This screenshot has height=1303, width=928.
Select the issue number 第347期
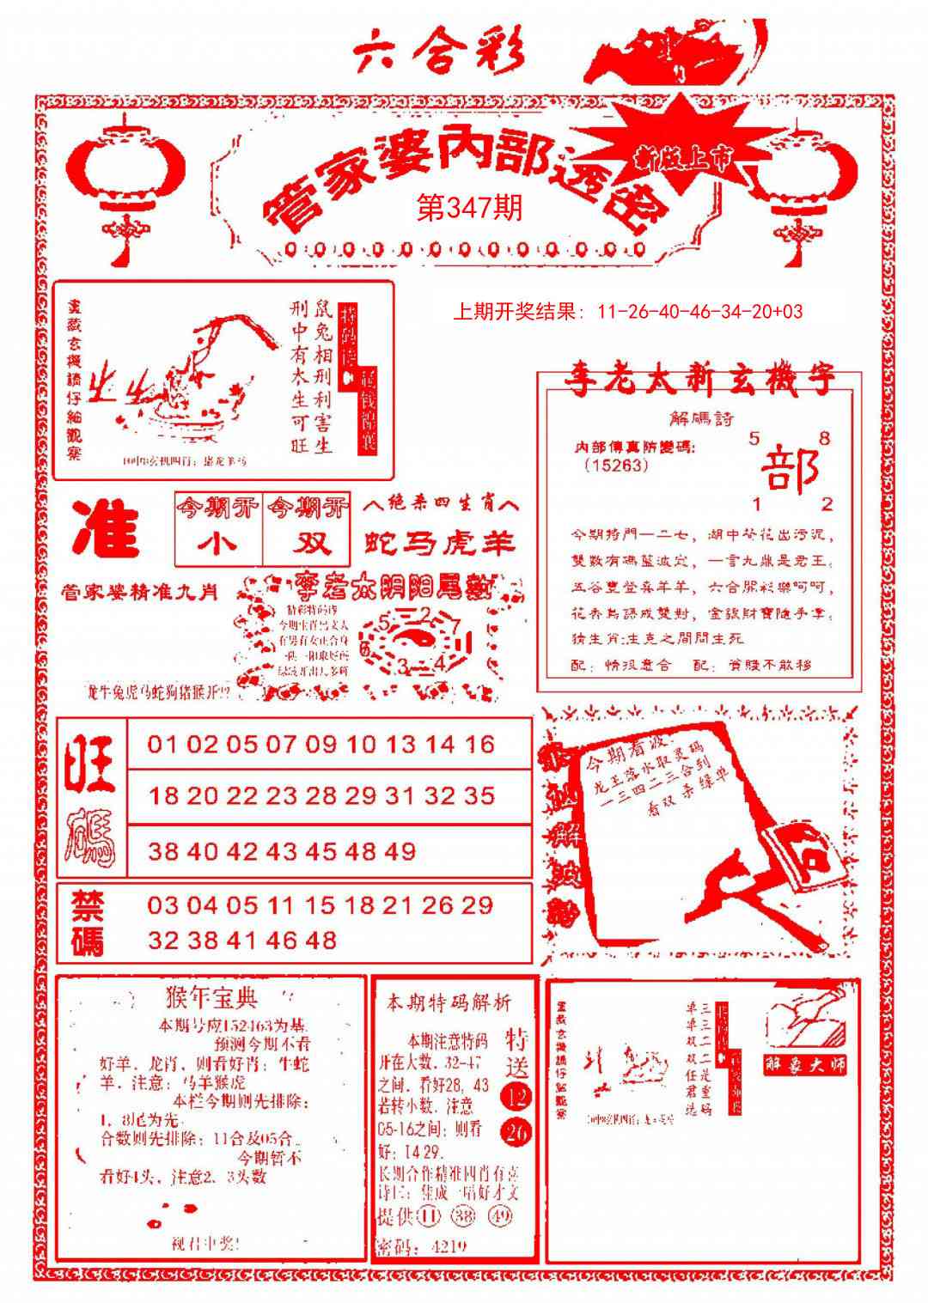click(x=469, y=208)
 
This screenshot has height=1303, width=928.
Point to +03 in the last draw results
click(x=787, y=312)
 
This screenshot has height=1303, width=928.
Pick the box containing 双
click(x=308, y=544)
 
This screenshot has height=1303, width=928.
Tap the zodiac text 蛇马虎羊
click(x=440, y=543)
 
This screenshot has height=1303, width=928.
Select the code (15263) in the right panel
click(x=615, y=465)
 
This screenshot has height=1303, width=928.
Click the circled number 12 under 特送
click(x=517, y=1097)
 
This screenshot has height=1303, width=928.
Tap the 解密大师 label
click(x=805, y=1063)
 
